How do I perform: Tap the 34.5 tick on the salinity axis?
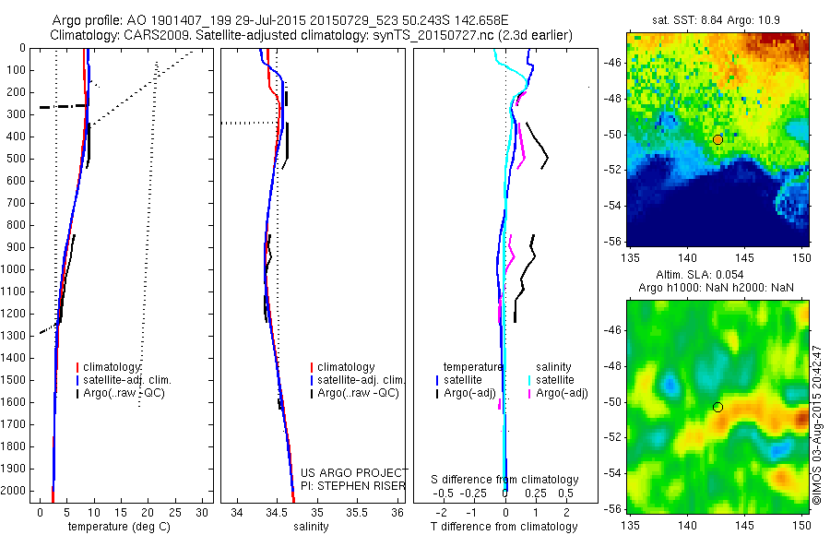point(277,512)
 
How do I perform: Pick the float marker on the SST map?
point(717,139)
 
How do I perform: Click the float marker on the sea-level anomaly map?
point(717,407)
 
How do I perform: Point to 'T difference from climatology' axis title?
point(504,527)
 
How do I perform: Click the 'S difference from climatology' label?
point(505,480)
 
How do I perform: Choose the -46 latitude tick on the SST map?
point(613,62)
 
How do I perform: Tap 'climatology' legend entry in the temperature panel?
point(113,366)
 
